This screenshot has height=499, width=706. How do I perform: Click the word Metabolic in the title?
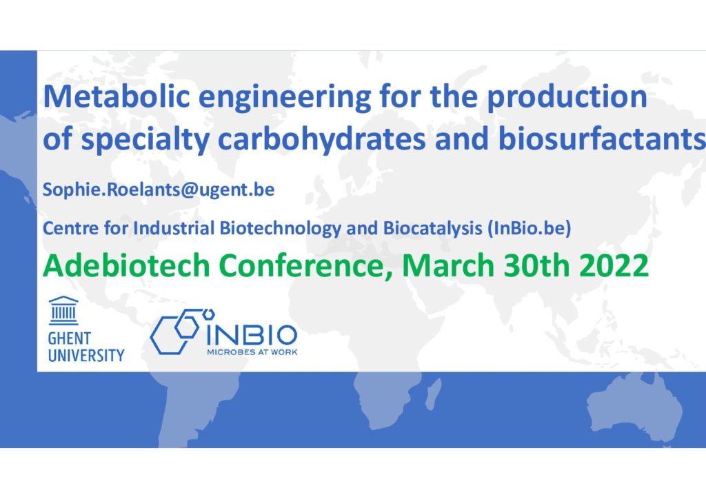tap(117, 96)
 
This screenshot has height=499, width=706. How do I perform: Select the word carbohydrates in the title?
tap(321, 139)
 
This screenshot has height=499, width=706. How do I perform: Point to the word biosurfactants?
tap(601, 139)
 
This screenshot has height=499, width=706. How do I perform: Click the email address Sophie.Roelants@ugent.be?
tap(159, 190)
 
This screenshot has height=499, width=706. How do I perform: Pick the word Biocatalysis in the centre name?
tap(433, 228)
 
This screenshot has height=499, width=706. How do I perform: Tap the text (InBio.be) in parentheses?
tap(529, 228)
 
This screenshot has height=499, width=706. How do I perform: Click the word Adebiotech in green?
tap(127, 265)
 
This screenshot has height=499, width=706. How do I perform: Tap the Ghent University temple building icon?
tap(63, 310)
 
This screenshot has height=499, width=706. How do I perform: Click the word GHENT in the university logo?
tap(70, 338)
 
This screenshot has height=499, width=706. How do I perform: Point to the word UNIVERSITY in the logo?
tap(86, 356)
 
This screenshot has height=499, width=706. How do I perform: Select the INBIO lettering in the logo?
tap(252, 335)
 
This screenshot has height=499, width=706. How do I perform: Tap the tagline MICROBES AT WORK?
tap(252, 352)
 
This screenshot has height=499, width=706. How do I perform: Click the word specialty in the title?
tap(145, 139)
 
